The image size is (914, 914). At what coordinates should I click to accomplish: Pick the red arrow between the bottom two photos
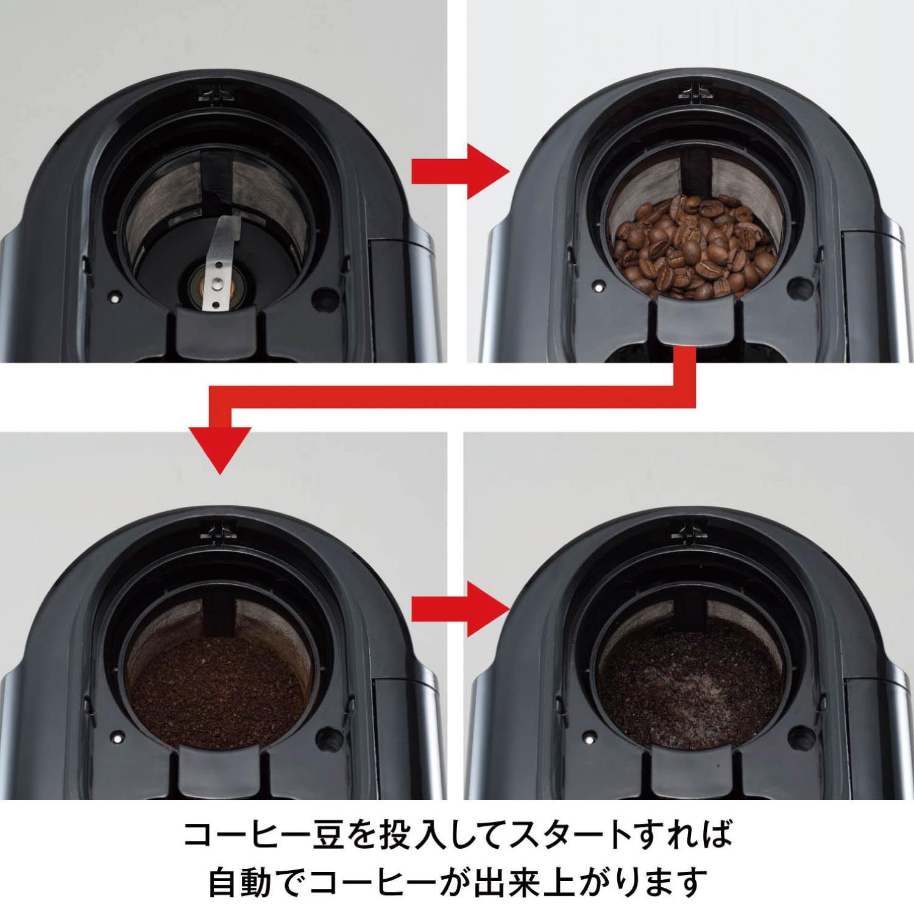(x=460, y=607)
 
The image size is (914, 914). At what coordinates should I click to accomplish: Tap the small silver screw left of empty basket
(x=113, y=298)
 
